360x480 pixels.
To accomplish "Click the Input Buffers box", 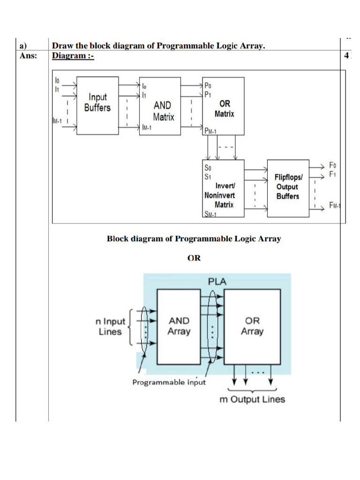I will coord(97,106).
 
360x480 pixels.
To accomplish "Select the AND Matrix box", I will coord(160,106).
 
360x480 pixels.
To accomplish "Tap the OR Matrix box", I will coord(223,106).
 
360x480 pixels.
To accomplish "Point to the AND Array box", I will coord(179,327).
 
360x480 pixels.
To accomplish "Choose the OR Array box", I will coord(252,327).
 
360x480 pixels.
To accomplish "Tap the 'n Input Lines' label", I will coord(110,327).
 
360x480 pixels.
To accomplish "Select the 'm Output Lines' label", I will coord(252,399).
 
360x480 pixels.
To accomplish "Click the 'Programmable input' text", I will coord(169,382).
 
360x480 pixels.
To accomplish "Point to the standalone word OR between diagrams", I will coord(194,258).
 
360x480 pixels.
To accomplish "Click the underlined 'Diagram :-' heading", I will coord(73,56).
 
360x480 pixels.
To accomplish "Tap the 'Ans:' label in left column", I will coord(28,56).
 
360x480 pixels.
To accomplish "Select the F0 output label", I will coord(333,165).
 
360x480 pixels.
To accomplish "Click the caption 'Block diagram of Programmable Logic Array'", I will coord(194,239).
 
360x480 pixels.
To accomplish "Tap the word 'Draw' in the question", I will coord(62,46).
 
